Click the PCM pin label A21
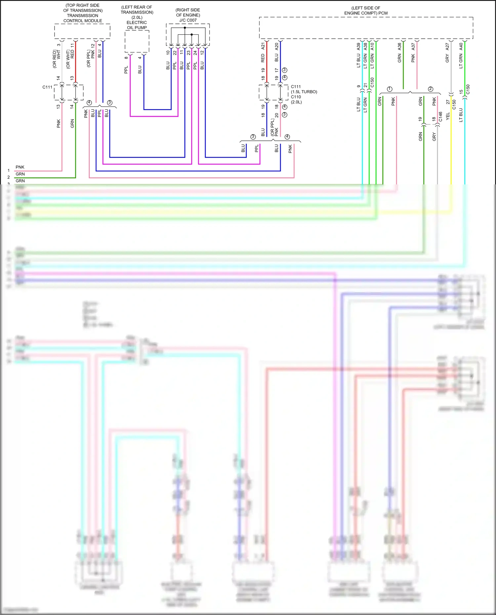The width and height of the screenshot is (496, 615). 263,46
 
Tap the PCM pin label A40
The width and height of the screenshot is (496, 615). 461,46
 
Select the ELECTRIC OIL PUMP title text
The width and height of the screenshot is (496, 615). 137,25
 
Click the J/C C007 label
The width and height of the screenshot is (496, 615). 188,20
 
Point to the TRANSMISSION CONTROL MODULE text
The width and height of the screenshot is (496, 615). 83,18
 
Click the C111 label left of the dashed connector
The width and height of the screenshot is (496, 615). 47,87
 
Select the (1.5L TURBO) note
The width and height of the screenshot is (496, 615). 304,92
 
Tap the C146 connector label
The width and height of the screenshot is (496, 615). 440,116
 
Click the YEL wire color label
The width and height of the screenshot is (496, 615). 448,116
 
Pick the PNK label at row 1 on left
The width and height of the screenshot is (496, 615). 20,167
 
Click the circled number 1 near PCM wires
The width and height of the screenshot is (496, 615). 390,89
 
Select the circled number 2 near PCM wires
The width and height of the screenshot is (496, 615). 431,89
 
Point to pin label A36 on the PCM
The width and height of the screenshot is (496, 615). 399,47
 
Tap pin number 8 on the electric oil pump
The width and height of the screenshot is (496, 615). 126,58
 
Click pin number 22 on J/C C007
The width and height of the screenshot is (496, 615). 175,52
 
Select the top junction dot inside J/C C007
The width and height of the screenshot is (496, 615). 185,28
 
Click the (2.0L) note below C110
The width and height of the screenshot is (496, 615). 296,102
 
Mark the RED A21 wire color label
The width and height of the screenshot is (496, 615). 263,58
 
